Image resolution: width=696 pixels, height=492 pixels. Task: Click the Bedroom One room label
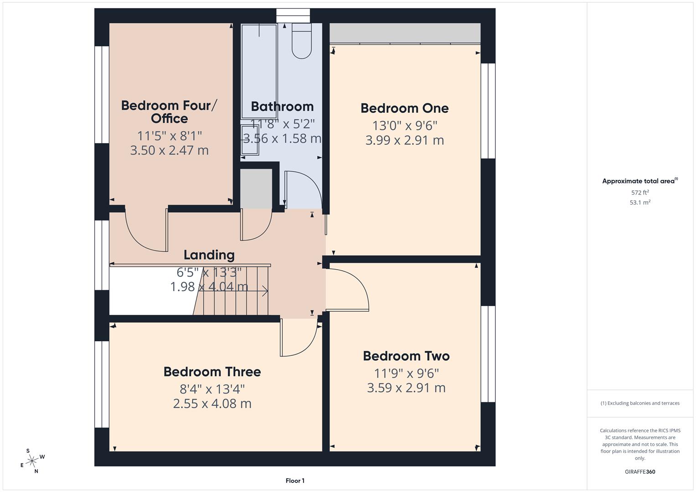click(404, 108)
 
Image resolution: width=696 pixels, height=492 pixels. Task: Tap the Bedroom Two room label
click(406, 356)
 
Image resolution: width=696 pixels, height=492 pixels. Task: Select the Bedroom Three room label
click(212, 372)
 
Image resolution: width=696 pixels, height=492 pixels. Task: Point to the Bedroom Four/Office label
click(169, 112)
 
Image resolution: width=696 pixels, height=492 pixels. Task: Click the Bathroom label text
click(282, 107)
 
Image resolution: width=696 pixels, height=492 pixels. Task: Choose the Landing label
click(209, 255)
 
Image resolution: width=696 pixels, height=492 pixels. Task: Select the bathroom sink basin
click(250, 140)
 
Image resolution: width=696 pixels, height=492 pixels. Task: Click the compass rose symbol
click(32, 461)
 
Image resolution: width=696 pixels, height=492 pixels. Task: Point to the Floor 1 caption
click(295, 481)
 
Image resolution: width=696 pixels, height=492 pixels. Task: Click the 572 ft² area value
click(640, 193)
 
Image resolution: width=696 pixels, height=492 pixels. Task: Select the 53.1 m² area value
click(640, 203)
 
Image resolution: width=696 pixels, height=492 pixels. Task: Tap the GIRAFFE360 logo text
click(640, 471)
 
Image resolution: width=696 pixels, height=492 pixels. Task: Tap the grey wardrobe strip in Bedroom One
click(405, 33)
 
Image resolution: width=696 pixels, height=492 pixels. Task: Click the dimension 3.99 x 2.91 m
click(404, 140)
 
